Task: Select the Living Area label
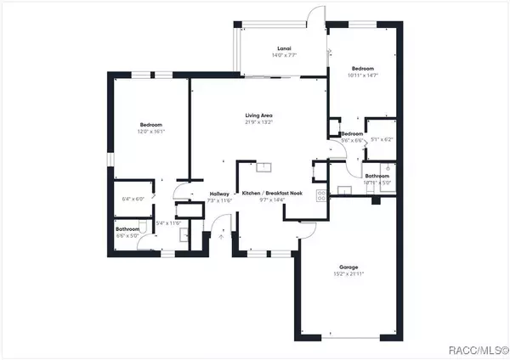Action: click(x=258, y=115)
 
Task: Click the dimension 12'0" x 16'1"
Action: click(x=150, y=132)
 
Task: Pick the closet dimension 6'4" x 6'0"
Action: click(x=134, y=199)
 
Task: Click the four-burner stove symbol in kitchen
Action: click(x=320, y=194)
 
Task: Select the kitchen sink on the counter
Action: click(x=264, y=167)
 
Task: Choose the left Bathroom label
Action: click(x=127, y=228)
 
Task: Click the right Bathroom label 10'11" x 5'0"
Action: click(x=377, y=181)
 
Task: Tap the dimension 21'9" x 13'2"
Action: click(x=258, y=122)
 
